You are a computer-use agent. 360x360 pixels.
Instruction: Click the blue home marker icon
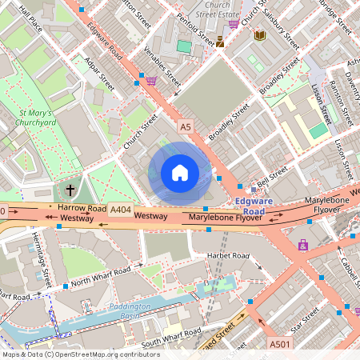tap(180, 172)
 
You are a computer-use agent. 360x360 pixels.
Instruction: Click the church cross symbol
tap(70, 190)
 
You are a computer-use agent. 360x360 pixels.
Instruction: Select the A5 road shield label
tap(186, 126)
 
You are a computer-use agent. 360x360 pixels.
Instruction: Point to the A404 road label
tap(121, 210)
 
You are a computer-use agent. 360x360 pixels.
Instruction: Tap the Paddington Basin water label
tap(129, 310)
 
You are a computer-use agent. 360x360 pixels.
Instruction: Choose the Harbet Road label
tap(228, 256)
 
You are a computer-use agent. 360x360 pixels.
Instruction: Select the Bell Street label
tap(271, 174)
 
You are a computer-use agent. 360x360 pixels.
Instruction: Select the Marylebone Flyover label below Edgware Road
tap(226, 217)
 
